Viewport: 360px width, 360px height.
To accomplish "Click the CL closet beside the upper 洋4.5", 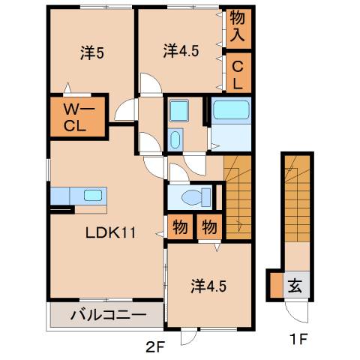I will coord(238,73).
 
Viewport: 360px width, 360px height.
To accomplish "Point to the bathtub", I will coord(231,111).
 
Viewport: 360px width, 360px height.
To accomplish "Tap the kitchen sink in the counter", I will coord(93,195).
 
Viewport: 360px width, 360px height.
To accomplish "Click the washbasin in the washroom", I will coord(175,139).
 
